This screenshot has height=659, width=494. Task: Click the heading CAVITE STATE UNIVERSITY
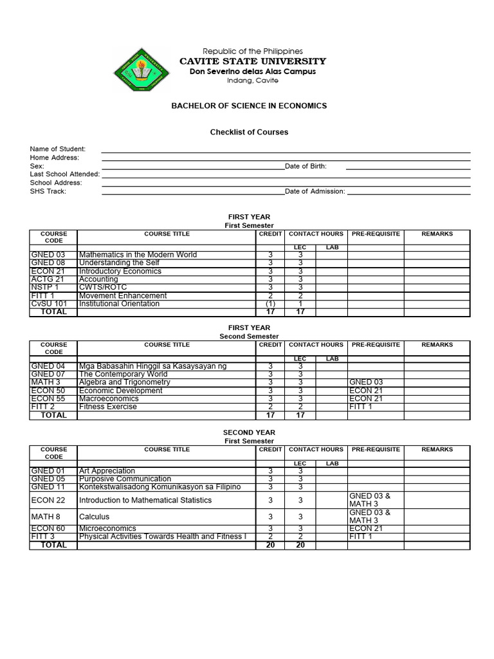252,61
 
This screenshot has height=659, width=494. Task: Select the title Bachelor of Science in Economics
249,106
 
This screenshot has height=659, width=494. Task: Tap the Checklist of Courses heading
249,132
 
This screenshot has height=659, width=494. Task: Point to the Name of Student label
57,149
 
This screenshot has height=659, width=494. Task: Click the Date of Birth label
306,166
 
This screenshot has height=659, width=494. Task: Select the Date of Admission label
315,191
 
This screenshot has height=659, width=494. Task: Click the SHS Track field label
48,191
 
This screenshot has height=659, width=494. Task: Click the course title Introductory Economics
120,271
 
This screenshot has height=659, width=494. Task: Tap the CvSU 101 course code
49,304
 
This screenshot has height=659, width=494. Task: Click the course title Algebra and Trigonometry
124,382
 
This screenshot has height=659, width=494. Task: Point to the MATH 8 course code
45,516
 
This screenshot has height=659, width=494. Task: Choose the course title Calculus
94,516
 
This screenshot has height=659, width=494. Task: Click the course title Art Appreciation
107,471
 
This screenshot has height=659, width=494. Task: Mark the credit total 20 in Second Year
270,545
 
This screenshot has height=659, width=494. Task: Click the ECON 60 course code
48,528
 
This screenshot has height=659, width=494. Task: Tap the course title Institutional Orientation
119,304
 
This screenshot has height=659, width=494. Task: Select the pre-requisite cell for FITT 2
360,407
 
